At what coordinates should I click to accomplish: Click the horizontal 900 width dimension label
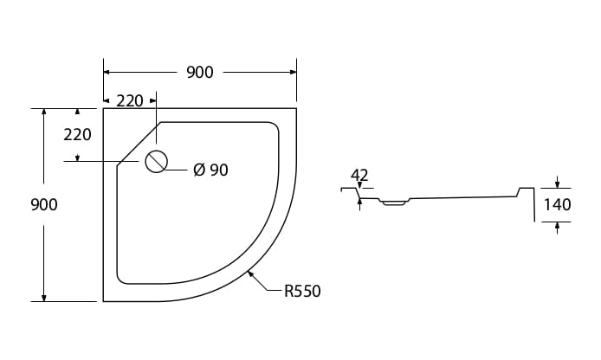(x=200, y=73)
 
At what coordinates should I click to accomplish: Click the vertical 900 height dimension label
(x=44, y=205)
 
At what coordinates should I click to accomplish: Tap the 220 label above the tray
(x=130, y=101)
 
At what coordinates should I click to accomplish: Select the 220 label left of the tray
(x=77, y=135)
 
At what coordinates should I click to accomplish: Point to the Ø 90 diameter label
(x=210, y=170)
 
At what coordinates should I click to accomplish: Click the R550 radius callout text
(x=302, y=291)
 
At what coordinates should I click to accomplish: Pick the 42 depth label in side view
(x=359, y=176)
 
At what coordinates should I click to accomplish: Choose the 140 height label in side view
(x=558, y=205)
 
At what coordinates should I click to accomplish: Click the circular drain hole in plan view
(x=157, y=162)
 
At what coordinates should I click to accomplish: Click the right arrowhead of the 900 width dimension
(x=294, y=72)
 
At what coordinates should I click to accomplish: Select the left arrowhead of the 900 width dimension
(x=107, y=72)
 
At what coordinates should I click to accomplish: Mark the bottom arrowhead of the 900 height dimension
(x=44, y=298)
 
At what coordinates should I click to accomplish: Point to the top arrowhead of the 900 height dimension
(x=44, y=112)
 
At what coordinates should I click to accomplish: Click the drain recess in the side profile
(x=394, y=202)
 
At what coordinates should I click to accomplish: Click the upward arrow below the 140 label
(x=558, y=228)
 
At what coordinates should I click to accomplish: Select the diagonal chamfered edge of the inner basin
(x=139, y=144)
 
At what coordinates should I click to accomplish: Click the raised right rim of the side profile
(x=527, y=203)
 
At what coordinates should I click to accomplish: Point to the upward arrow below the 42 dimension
(x=359, y=204)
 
